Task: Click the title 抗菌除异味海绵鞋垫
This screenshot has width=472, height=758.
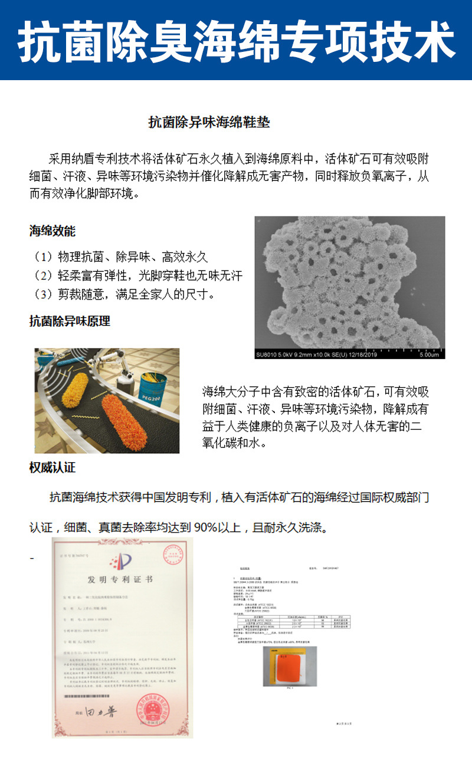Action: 209,123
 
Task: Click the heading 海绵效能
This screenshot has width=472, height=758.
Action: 53,231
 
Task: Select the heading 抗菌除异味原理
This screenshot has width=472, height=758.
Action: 70,321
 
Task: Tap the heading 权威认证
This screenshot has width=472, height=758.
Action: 53,468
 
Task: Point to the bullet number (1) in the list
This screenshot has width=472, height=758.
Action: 42,257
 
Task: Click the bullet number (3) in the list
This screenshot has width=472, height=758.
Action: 42,294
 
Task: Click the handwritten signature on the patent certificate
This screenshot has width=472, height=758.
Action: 101,712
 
